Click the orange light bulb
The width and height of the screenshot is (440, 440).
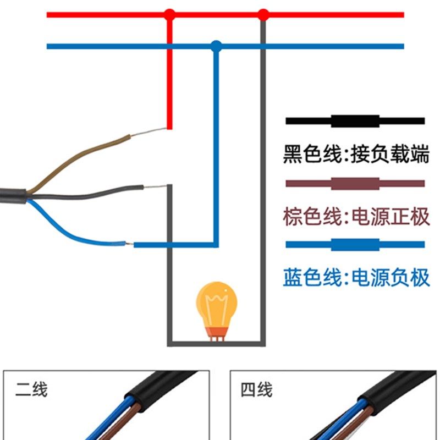coord(217,305)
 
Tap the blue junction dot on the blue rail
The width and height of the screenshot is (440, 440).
coord(216,46)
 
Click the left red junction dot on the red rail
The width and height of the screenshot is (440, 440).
coord(170,14)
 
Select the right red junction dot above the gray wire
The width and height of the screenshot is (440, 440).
coord(263,14)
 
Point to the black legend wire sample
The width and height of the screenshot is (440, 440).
coord(355,121)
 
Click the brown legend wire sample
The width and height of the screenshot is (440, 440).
coord(355,184)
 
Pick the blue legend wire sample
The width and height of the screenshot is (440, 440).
coord(355,245)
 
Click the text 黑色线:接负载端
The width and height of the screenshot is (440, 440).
coord(356,154)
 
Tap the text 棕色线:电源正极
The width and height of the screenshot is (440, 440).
coord(356,216)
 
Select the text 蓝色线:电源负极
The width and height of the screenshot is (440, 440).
coord(356,278)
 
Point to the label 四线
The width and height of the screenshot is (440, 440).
coord(256,391)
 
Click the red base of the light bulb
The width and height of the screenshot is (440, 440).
coord(217,332)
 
